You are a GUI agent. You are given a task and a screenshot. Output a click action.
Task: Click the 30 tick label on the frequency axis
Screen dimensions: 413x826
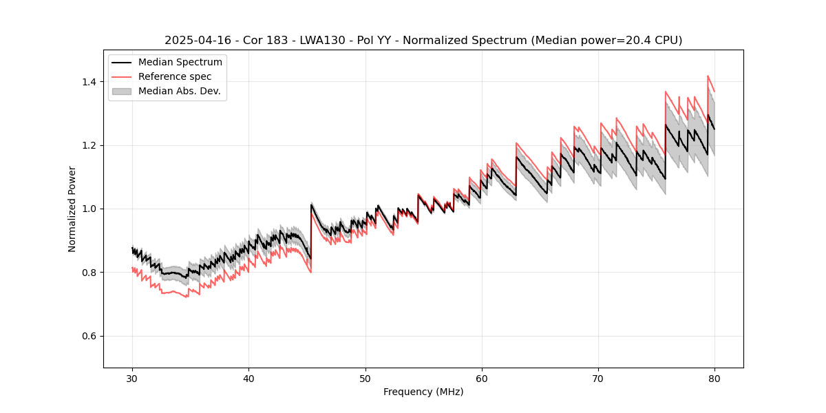tap(132, 378)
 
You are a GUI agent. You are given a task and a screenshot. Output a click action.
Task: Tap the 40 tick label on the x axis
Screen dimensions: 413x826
tap(248, 378)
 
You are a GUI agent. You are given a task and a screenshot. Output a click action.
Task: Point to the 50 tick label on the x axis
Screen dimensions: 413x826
tap(366, 378)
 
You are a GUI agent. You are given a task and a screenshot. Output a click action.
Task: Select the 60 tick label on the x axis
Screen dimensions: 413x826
tap(482, 378)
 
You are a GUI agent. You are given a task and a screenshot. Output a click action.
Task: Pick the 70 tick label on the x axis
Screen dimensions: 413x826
tap(598, 378)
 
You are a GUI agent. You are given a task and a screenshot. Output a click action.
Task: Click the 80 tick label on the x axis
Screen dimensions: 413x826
tap(714, 378)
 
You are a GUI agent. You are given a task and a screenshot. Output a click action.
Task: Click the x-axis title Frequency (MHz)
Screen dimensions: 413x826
tap(423, 392)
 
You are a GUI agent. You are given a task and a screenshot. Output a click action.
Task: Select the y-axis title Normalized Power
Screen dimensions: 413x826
tap(72, 209)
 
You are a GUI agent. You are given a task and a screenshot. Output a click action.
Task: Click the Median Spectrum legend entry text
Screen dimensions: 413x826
tap(180, 63)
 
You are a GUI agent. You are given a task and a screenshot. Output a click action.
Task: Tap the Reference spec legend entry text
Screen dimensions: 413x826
tap(175, 76)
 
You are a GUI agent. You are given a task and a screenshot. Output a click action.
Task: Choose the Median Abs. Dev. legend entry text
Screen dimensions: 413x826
tap(179, 91)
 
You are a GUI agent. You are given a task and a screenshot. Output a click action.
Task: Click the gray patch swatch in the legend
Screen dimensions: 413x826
tap(122, 91)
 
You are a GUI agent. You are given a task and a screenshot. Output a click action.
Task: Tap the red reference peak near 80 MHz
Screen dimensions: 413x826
tap(708, 76)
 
